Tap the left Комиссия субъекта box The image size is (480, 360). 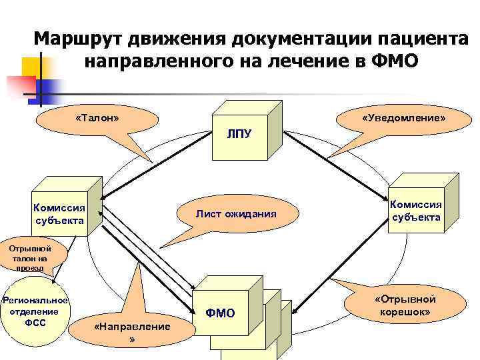click(59, 213)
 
